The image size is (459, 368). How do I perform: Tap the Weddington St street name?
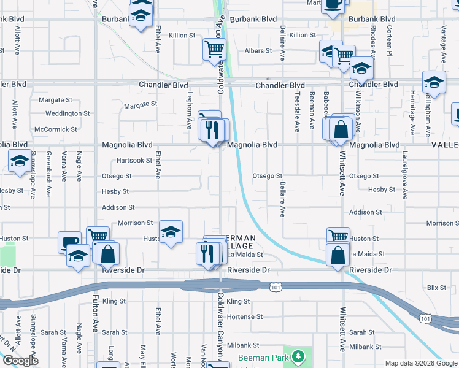[x=67, y=113]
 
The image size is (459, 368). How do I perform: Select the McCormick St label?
[x=56, y=129]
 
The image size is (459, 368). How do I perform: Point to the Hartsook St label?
[x=134, y=161]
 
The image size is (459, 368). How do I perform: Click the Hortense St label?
[x=244, y=317]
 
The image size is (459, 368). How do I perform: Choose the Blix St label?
[x=436, y=287]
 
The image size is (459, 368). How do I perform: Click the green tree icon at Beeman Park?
[x=298, y=356]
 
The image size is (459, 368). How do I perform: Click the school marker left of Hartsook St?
[x=20, y=161]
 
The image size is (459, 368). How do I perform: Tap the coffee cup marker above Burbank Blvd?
[x=333, y=4]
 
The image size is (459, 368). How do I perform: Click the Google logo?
[x=20, y=361]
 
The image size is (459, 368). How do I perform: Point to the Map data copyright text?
[x=421, y=363]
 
